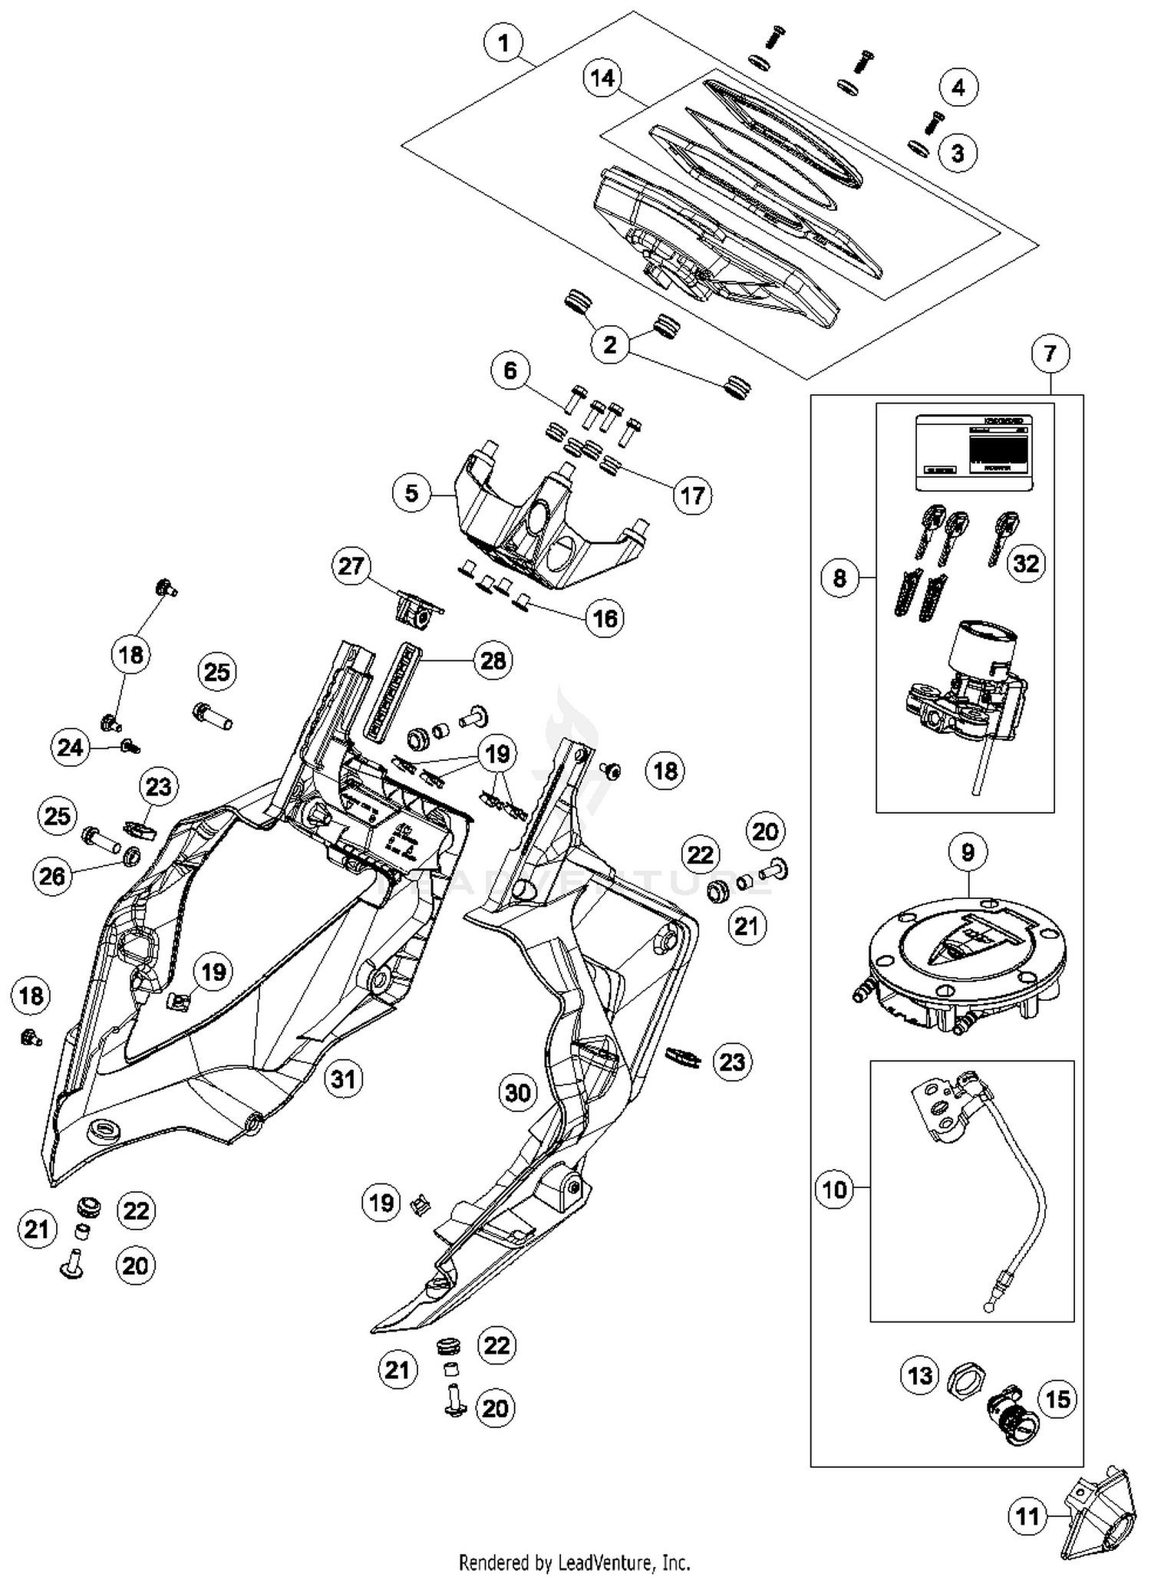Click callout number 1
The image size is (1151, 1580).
[503, 43]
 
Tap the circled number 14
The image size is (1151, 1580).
[603, 78]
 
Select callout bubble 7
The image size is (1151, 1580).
[1050, 354]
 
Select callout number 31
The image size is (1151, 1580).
[343, 1079]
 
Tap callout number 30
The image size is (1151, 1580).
[518, 1092]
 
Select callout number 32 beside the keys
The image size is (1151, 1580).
[1026, 564]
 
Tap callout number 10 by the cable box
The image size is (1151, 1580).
[834, 1190]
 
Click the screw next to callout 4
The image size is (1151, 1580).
[935, 121]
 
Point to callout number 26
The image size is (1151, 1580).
[53, 876]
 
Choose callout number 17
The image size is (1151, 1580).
[692, 495]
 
